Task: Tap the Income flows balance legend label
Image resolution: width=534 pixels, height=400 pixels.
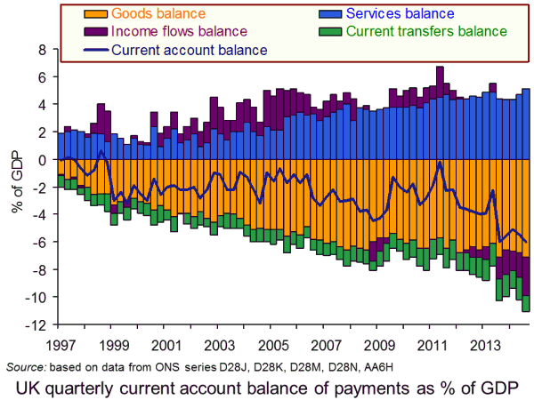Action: point(170,32)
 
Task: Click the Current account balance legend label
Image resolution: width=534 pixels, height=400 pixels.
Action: point(190,50)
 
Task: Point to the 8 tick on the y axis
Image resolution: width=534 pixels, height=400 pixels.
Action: point(40,50)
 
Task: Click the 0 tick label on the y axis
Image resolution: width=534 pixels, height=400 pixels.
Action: point(40,160)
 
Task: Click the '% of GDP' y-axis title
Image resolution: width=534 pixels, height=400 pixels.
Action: point(15,187)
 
